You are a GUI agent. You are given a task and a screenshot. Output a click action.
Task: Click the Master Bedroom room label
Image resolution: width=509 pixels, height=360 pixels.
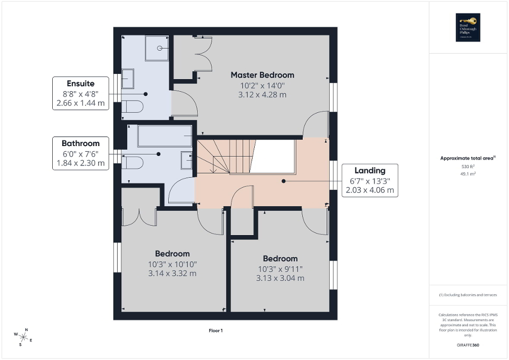click(262, 75)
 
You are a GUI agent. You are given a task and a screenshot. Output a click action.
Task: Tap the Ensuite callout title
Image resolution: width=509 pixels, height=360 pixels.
click(81, 83)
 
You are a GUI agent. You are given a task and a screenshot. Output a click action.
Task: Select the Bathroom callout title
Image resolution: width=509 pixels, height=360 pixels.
click(80, 143)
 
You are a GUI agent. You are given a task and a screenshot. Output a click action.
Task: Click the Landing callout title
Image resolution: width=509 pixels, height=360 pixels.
click(369, 170)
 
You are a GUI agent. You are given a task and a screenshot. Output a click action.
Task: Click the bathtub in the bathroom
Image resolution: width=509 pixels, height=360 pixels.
click(165, 137)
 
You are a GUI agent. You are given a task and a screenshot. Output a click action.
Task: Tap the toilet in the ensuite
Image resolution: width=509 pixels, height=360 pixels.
click(132, 107)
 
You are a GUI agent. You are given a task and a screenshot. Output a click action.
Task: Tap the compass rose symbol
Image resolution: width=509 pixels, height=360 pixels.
click(24, 336)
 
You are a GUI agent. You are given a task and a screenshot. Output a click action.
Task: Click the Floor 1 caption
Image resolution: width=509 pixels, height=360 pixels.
click(216, 330)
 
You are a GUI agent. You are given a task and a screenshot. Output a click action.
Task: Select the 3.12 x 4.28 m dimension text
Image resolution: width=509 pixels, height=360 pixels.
click(262, 95)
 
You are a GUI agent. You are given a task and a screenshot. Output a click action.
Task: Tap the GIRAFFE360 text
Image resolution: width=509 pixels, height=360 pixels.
click(468, 345)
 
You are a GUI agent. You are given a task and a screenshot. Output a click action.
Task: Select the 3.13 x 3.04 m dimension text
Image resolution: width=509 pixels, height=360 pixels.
click(280, 278)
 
